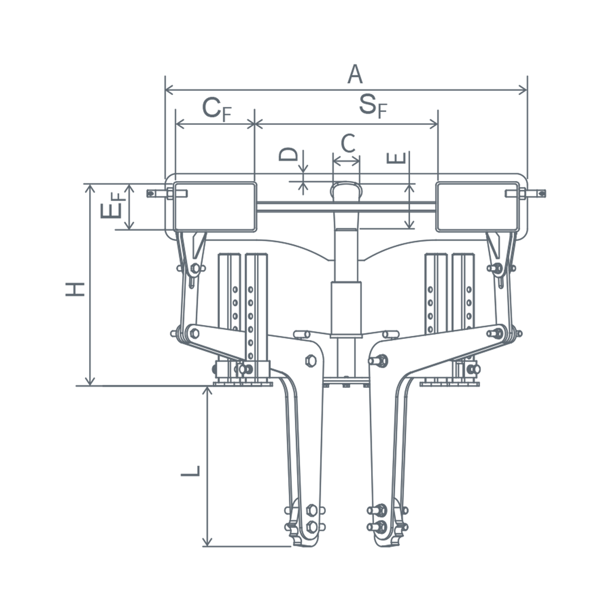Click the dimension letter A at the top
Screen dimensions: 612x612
point(355,74)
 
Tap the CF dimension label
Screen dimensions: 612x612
point(217,109)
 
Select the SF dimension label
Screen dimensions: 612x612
point(373,105)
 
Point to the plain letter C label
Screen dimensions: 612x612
point(348,143)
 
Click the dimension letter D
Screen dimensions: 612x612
point(288,154)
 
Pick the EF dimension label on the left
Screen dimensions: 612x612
point(113,205)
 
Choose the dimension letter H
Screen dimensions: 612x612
point(75,289)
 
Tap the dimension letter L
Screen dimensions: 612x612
point(191,470)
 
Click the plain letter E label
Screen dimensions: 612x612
point(396,158)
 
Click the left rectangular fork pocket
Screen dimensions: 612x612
point(215,206)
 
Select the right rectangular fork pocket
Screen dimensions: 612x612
point(478,206)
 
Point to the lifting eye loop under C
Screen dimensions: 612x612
point(346,184)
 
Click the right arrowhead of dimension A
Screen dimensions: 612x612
point(522,90)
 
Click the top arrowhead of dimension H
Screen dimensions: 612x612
point(90,189)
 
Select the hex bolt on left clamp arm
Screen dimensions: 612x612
point(311,361)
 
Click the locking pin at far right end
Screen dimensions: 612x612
point(525,193)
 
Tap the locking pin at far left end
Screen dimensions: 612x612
point(167,193)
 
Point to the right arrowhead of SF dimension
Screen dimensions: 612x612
point(433,124)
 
